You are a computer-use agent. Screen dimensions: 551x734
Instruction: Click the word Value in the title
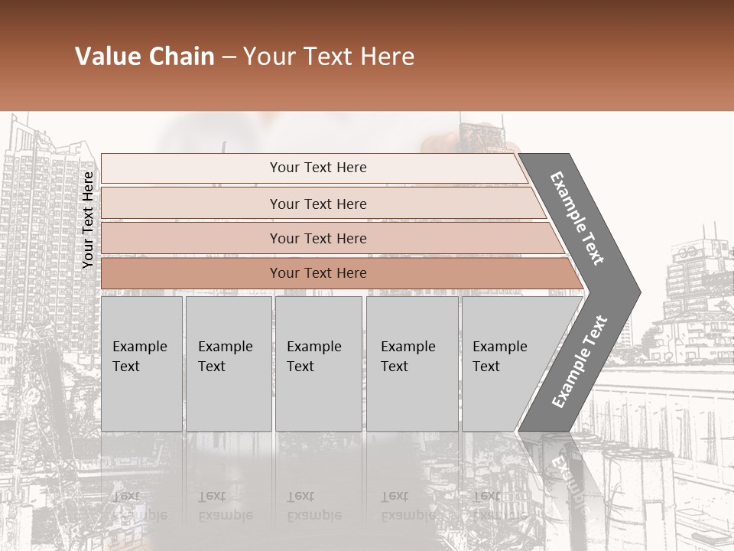[x=106, y=57]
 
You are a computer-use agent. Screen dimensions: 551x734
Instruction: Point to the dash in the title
[x=229, y=57]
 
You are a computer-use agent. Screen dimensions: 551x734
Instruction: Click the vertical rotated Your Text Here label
[x=88, y=220]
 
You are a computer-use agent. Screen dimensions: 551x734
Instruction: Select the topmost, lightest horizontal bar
[x=313, y=168]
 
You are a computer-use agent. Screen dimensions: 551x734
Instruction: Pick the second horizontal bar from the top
[x=321, y=204]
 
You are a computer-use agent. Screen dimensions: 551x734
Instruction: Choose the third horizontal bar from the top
[x=329, y=238]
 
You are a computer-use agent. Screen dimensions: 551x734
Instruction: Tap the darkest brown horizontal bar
[x=336, y=273]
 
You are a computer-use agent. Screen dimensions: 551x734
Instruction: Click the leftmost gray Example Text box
[x=141, y=364]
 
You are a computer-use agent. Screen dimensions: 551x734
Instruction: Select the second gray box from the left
[x=229, y=364]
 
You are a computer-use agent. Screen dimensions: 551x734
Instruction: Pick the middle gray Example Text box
[x=318, y=364]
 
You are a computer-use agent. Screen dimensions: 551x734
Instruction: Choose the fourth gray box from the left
[x=412, y=364]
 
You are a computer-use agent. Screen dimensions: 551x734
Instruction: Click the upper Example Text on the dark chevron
[x=577, y=218]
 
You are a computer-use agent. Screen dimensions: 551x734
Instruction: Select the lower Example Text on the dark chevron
[x=579, y=362]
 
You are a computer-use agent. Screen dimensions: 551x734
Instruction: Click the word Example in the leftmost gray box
[x=139, y=347]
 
